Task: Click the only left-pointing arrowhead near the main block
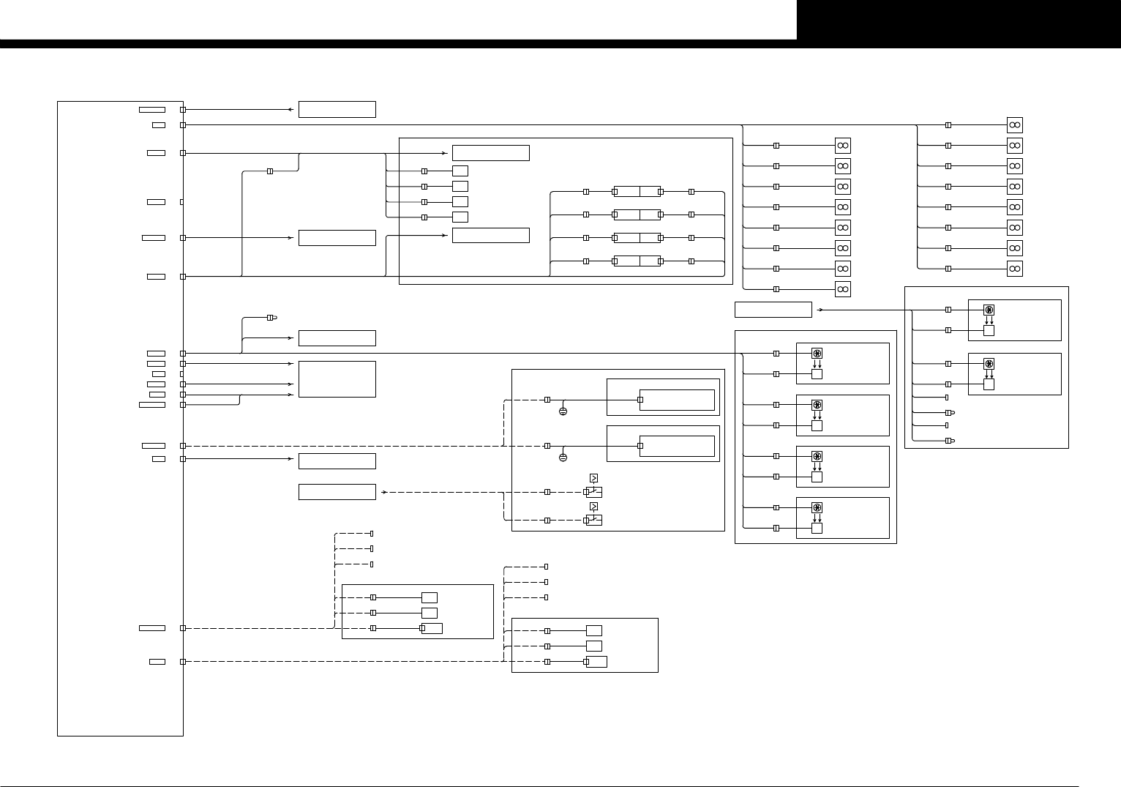pos(291,110)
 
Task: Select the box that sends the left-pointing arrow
pos(337,110)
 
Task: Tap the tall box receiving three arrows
pos(337,379)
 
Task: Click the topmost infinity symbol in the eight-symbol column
pos(1014,125)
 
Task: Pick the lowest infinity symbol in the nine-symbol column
pos(843,289)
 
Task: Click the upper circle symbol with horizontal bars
pos(563,411)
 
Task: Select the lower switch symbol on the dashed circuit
pos(594,520)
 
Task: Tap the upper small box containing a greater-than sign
pos(593,478)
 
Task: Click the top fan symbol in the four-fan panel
pos(817,354)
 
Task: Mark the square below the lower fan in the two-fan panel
pos(989,384)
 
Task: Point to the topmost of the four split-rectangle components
pos(637,192)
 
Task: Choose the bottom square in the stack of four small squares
pos(460,217)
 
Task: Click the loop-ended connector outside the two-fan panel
pos(271,318)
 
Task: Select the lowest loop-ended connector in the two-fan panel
pos(949,441)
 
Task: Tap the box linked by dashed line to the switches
pos(337,492)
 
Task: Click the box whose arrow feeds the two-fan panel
pos(773,310)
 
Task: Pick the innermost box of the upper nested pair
pos(677,400)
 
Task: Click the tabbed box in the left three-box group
pos(432,628)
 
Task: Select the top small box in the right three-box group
pos(593,630)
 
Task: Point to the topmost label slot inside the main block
pos(152,110)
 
